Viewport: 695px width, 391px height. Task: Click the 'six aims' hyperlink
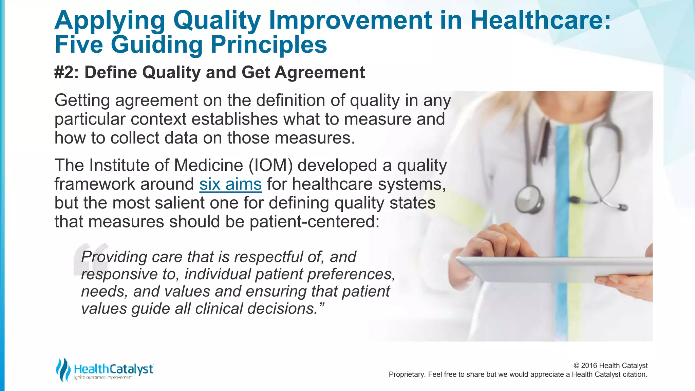tap(230, 184)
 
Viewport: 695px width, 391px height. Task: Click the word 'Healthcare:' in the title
tap(540, 20)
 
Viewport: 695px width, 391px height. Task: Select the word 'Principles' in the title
tap(269, 45)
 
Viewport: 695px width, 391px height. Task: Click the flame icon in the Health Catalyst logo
tap(62, 369)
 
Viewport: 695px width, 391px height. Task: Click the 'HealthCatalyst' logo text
tap(114, 369)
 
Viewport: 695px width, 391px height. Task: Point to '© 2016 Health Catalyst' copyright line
tap(610, 366)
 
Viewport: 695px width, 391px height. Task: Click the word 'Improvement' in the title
tap(351, 20)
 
